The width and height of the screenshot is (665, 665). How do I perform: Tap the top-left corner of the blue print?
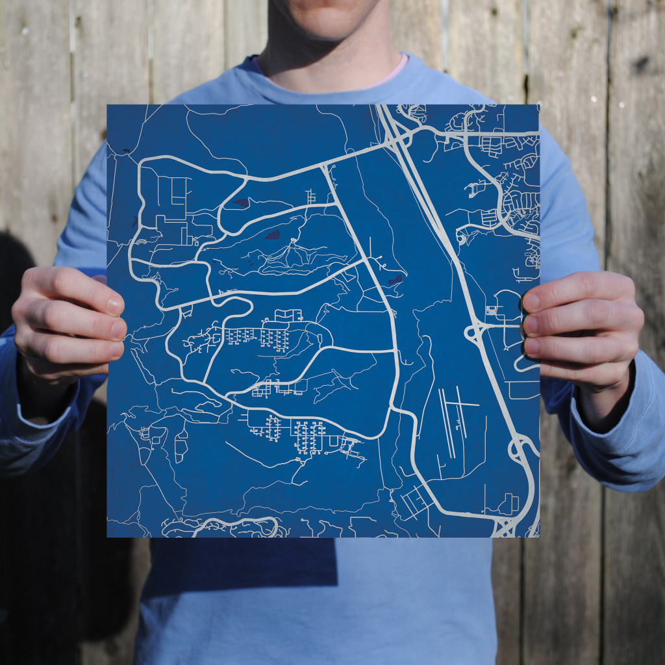tap(108, 105)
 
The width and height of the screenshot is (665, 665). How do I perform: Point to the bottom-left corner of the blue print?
tap(108, 536)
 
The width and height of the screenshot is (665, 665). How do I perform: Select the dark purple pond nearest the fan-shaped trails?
tap(272, 234)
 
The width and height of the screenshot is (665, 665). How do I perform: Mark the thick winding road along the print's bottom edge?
tap(240, 523)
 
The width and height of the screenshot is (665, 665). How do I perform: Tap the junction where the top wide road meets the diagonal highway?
tap(397, 140)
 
